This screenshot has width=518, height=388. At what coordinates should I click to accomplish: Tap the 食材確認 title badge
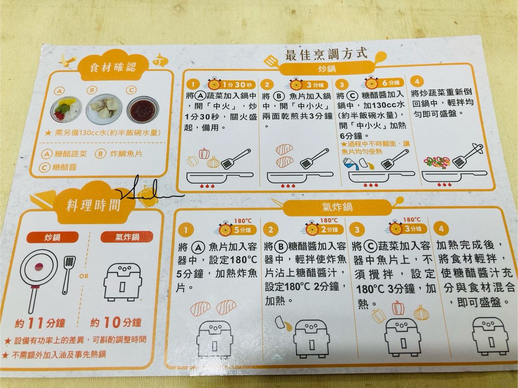click(113, 67)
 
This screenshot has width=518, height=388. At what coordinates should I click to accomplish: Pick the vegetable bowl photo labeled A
click(67, 110)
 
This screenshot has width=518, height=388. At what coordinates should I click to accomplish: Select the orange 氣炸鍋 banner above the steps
click(338, 207)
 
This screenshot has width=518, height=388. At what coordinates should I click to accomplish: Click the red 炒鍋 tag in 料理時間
click(53, 237)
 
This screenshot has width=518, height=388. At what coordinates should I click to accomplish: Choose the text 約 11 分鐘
click(40, 323)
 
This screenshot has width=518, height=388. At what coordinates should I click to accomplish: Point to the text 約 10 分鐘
click(116, 322)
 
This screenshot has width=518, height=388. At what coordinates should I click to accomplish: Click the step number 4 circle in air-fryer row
click(441, 229)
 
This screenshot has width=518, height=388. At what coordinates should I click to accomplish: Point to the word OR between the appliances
click(84, 276)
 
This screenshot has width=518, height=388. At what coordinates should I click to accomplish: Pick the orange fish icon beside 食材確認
click(160, 60)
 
